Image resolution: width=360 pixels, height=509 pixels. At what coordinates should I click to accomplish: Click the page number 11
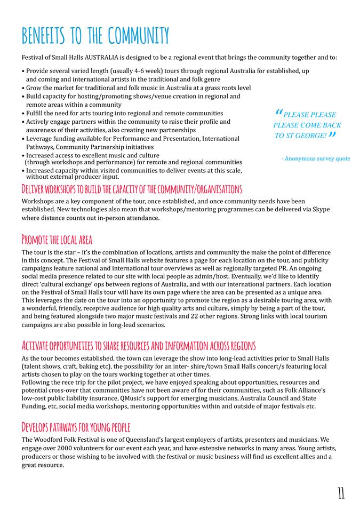tap(341, 493)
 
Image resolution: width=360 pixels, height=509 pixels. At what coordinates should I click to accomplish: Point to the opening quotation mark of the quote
tap(279, 113)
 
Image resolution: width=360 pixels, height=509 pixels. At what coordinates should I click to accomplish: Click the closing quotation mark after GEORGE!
tap(332, 134)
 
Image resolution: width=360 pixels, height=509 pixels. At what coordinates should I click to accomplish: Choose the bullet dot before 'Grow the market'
tap(23, 88)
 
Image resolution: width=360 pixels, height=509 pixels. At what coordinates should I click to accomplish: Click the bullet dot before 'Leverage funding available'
tap(23, 139)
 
